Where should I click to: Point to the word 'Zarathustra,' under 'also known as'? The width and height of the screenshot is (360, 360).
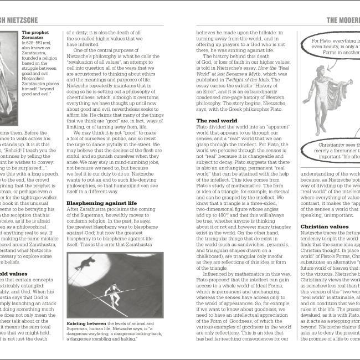35,60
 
